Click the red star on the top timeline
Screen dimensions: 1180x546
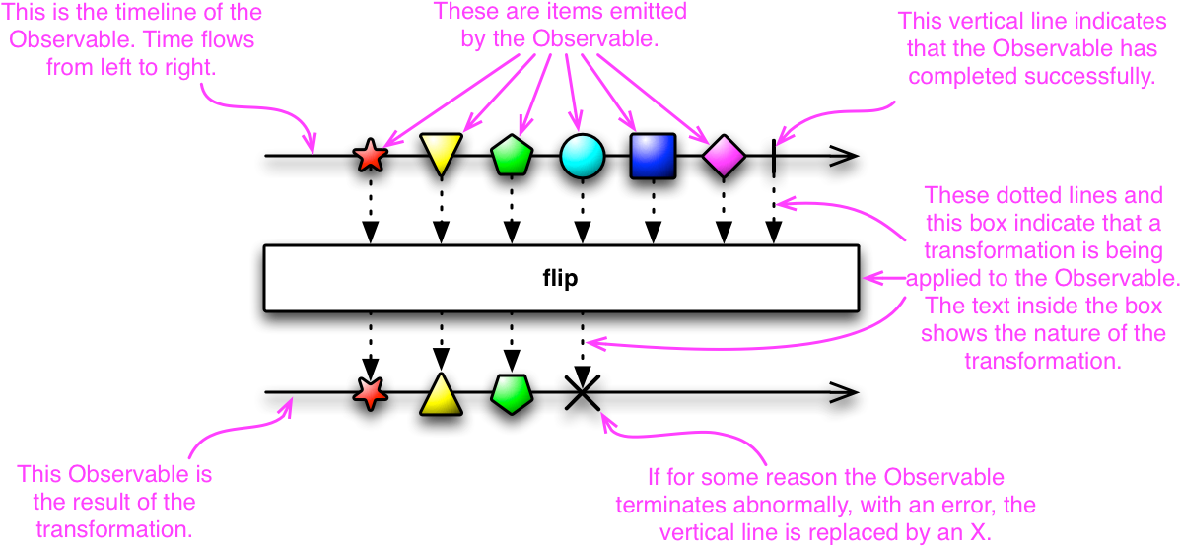point(371,157)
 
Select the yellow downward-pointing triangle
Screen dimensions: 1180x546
point(441,153)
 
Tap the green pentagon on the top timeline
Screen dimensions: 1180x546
point(512,157)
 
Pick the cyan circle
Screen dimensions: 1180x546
point(583,157)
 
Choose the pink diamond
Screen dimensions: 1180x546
point(724,157)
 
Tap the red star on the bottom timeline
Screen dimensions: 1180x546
point(371,393)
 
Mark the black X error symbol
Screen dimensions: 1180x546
point(583,393)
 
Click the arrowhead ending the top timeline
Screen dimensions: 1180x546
point(846,157)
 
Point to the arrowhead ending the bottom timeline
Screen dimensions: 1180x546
point(846,393)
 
